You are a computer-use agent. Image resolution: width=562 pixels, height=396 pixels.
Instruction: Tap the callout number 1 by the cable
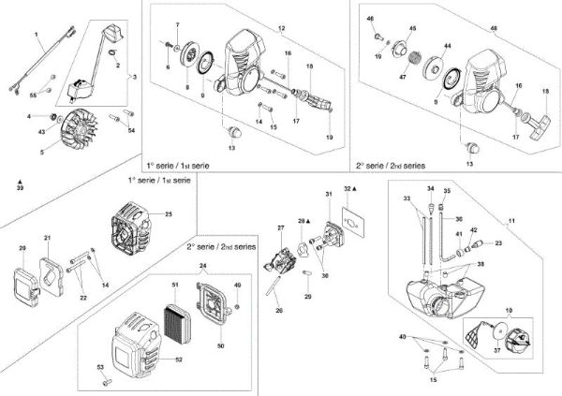coord(37,34)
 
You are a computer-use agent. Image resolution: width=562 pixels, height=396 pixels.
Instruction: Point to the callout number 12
coord(282,28)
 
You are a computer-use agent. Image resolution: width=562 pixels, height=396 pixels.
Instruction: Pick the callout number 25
coord(169,214)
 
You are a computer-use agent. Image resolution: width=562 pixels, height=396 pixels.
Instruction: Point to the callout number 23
coord(498,243)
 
